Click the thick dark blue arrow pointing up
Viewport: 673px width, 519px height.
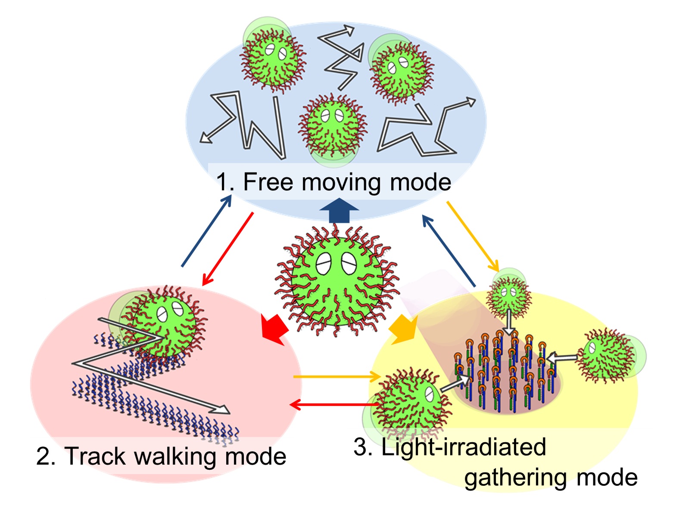[339, 211]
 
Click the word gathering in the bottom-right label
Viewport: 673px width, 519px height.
[517, 478]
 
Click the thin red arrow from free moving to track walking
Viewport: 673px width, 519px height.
[227, 249]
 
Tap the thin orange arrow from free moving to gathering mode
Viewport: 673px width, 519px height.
[473, 235]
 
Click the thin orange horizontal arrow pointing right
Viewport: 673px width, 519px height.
[336, 377]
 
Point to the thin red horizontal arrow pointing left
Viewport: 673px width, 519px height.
[334, 404]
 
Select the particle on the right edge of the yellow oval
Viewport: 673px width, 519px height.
[608, 354]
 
